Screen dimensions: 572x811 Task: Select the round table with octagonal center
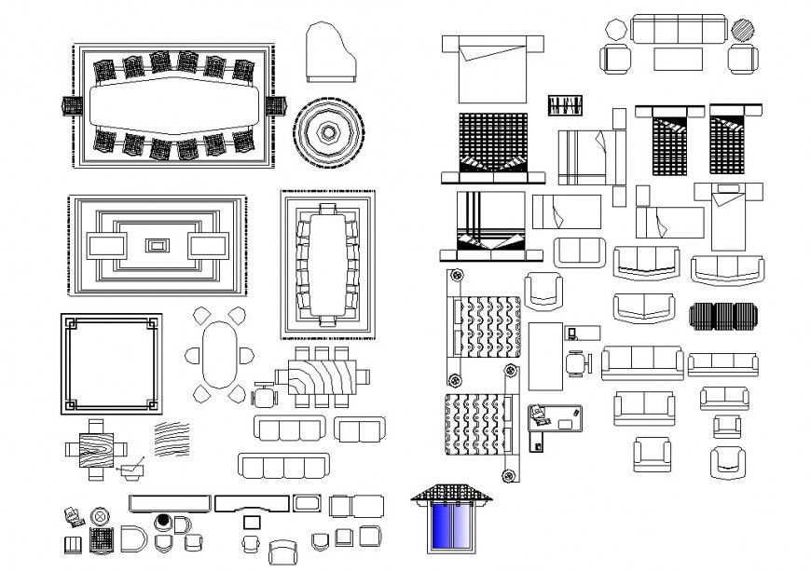coord(329,131)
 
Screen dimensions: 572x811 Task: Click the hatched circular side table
coord(743,29)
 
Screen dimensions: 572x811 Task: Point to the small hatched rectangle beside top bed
coord(565,105)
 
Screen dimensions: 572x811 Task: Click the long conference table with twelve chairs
coord(172,105)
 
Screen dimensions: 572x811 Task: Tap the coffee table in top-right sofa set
coord(678,59)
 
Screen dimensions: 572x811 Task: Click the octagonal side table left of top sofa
coord(615,29)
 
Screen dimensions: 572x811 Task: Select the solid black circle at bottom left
coord(164,521)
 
